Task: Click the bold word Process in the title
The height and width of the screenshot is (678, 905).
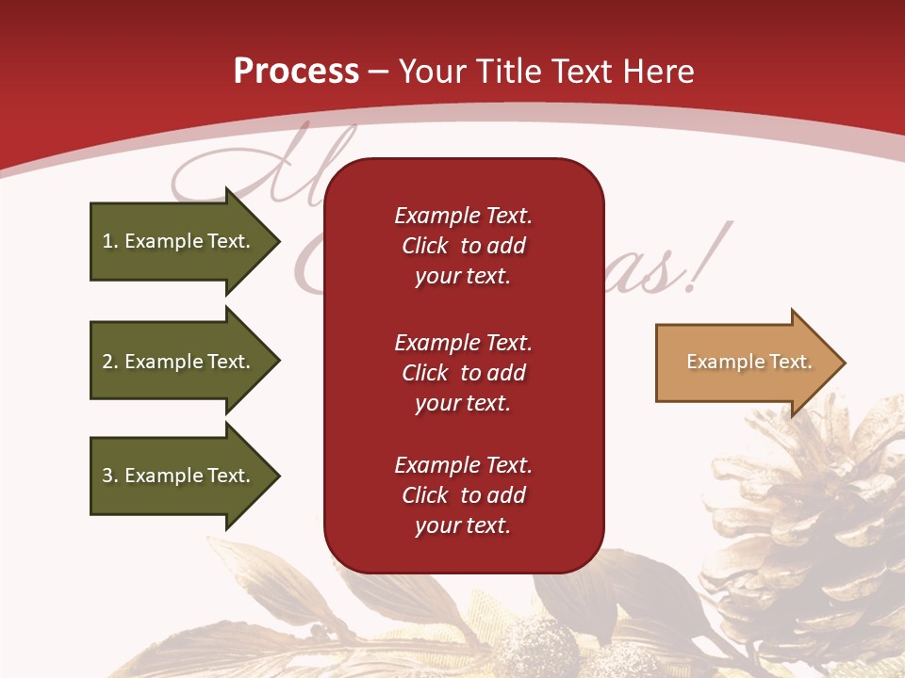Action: pyautogui.click(x=296, y=72)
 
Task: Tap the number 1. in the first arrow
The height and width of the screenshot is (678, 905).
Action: pyautogui.click(x=109, y=241)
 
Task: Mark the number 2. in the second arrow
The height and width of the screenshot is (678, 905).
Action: pyautogui.click(x=109, y=362)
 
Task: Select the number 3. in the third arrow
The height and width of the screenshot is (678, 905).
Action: pyautogui.click(x=109, y=476)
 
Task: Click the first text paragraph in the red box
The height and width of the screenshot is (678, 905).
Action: pyautogui.click(x=463, y=246)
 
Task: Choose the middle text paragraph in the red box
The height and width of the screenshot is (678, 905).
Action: pyautogui.click(x=463, y=373)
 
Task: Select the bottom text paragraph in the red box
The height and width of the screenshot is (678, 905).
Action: pyautogui.click(x=463, y=495)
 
